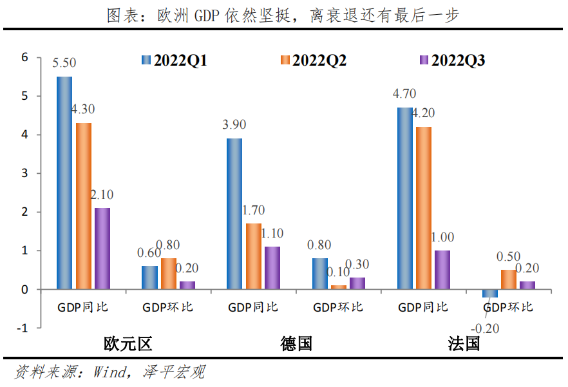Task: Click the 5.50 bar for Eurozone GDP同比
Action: (64, 183)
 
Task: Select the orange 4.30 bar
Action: (83, 206)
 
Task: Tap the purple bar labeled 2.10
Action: (102, 249)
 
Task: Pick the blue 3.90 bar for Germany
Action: (234, 214)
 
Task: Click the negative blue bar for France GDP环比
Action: (491, 293)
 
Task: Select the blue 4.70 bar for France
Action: (405, 198)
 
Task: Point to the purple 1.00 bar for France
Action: (442, 270)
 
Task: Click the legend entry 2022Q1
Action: (173, 61)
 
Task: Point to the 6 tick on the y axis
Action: (25, 57)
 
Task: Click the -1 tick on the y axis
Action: (23, 328)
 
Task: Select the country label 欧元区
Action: (128, 343)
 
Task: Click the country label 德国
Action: (296, 343)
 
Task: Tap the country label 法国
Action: (464, 343)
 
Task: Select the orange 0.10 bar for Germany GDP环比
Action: (338, 287)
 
